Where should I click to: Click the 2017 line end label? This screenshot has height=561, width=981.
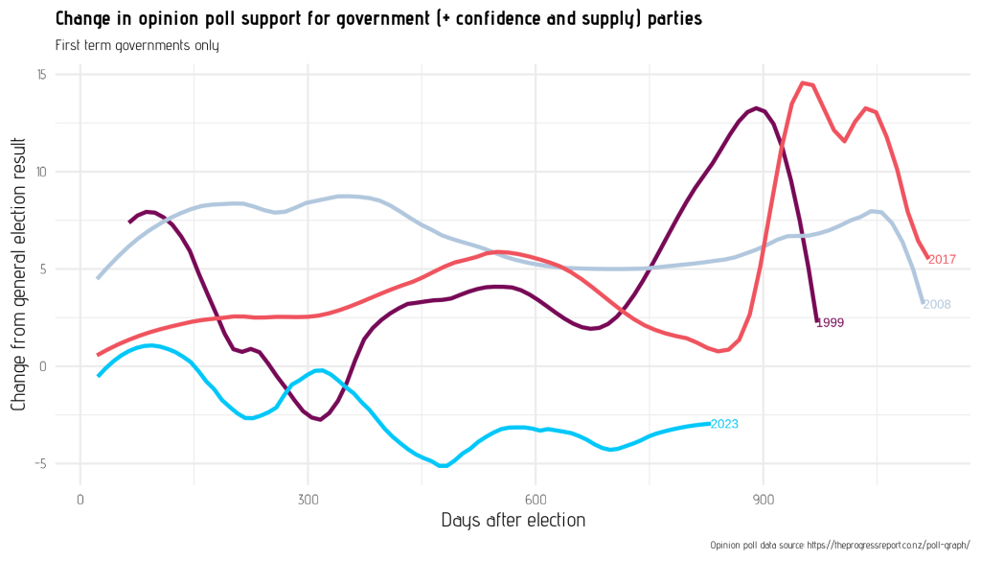(943, 260)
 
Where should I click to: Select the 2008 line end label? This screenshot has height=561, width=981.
(937, 305)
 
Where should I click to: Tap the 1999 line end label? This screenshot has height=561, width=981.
(830, 323)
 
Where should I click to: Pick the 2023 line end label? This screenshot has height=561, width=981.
(724, 424)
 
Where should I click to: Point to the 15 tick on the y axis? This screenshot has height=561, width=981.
(42, 75)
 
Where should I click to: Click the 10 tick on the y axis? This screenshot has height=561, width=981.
(42, 173)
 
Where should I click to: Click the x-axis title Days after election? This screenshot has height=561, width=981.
(513, 521)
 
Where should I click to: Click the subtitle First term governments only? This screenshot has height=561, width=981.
(137, 45)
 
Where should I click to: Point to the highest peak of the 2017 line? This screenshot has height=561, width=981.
(803, 82)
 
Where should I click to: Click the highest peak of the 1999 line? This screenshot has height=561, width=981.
(757, 107)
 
